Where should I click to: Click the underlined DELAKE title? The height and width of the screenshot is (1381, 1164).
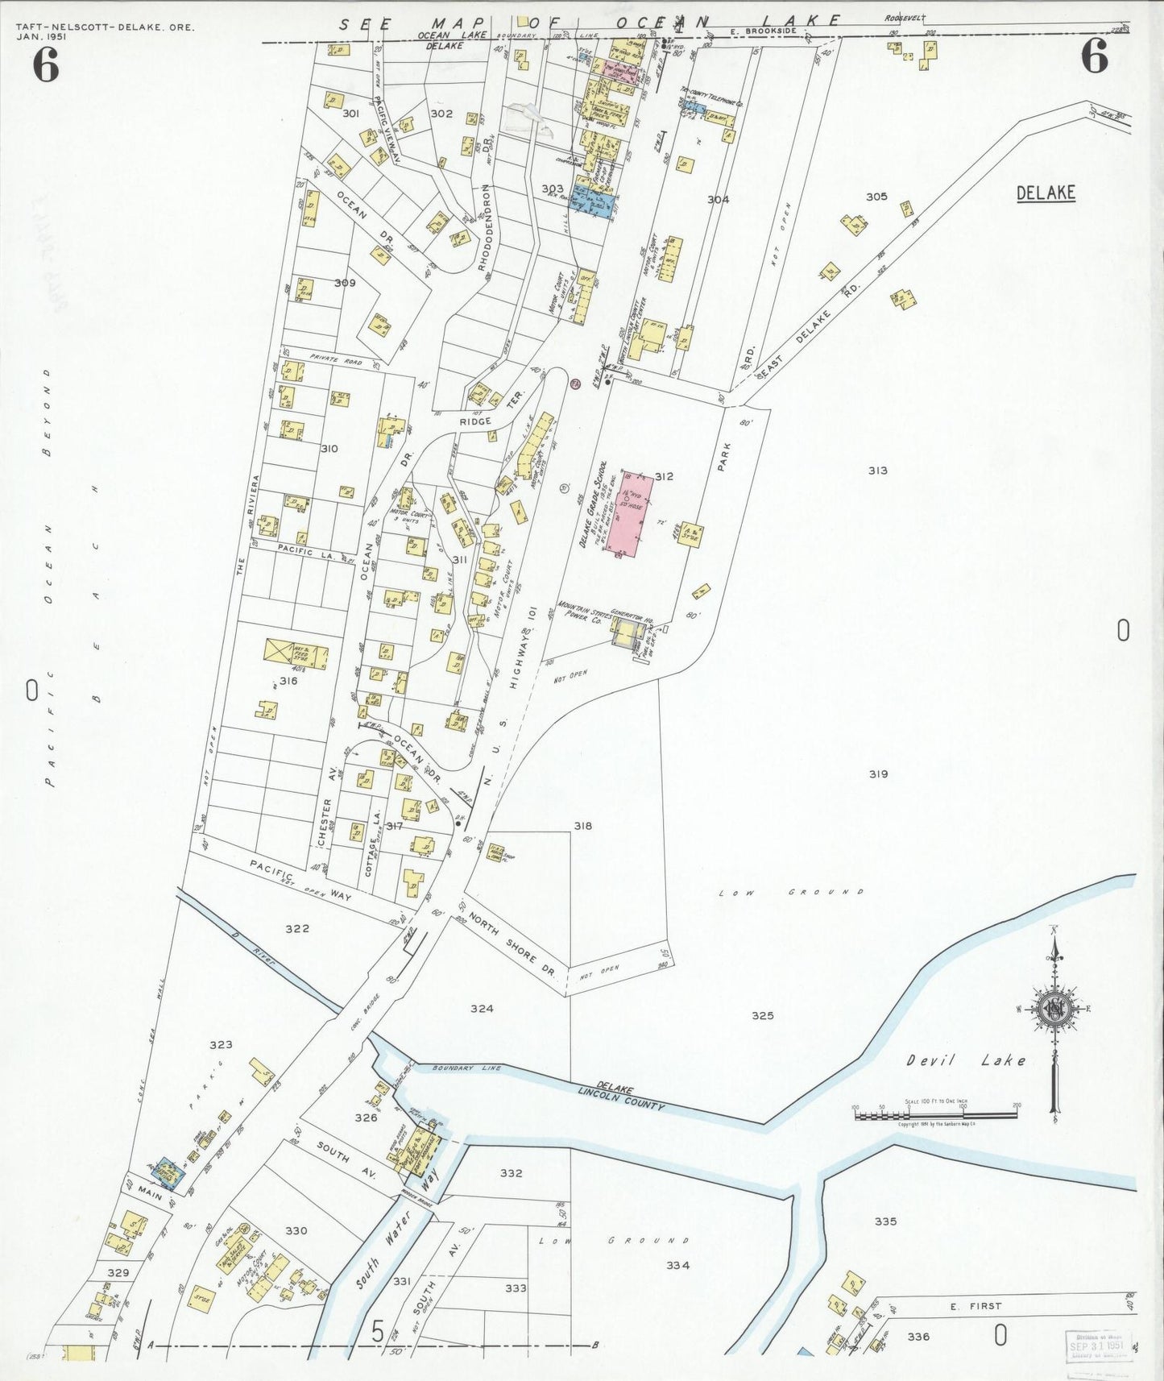(1046, 193)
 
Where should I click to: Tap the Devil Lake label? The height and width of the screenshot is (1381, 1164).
(967, 1061)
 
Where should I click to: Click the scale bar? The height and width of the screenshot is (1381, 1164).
(935, 1115)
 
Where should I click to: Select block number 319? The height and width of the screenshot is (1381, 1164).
(878, 774)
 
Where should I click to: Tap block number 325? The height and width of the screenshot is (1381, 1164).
(762, 1015)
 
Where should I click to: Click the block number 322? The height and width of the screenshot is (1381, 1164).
(297, 929)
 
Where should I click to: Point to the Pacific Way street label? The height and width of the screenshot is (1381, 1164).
(300, 879)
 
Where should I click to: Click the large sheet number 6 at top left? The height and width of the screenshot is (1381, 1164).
(46, 65)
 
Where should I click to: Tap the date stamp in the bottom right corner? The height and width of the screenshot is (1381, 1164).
(1099, 1345)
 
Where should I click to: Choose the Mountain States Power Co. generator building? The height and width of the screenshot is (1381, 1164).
(628, 632)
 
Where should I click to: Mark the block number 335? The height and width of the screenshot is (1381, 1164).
(885, 1221)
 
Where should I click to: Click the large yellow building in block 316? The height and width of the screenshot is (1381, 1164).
(296, 654)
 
